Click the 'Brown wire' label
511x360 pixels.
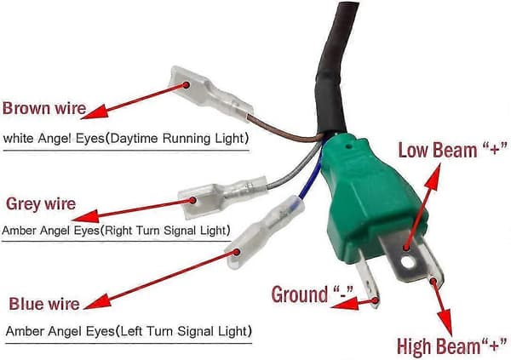coord(44,108)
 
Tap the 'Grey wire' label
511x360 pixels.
coord(41,204)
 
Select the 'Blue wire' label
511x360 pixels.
coord(44,304)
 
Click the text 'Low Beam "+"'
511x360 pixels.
coord(453,150)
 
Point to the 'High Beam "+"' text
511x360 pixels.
coord(452,346)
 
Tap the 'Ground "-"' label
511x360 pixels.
coord(313,294)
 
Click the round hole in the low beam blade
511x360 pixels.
coord(407,262)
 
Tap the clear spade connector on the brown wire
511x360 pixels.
coord(211,93)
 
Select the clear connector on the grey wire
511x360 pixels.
coord(222,196)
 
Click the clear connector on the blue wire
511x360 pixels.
coord(264,233)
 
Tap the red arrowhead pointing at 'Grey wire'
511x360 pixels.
coord(86,216)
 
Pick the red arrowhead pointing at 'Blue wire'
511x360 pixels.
coord(97,301)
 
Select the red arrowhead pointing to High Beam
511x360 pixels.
coord(445,322)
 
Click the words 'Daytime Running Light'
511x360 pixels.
coord(177,139)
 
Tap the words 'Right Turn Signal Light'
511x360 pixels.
coord(165,231)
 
